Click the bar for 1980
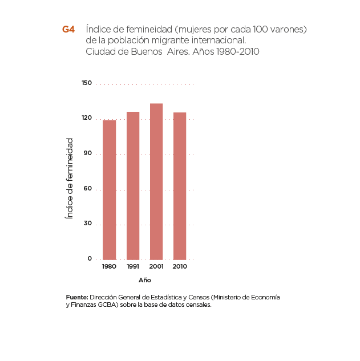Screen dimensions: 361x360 click(109, 189)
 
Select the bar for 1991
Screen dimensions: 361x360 click(133, 185)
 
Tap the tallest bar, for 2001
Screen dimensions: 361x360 click(156, 181)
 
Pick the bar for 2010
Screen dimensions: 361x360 click(180, 186)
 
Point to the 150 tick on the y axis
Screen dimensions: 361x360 click(86, 83)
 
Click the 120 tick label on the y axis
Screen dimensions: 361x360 click(86, 118)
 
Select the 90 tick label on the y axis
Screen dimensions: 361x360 click(87, 153)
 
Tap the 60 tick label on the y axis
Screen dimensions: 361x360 click(87, 189)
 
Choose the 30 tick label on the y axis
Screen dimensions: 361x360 click(87, 224)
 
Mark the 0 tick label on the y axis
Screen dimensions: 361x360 click(89, 259)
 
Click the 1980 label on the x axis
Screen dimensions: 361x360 click(109, 267)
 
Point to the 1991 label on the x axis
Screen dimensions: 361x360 click(133, 267)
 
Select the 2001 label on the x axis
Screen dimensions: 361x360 click(156, 267)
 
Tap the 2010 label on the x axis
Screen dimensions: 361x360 click(180, 267)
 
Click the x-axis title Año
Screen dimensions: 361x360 click(144, 280)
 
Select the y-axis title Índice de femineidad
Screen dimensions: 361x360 click(69, 177)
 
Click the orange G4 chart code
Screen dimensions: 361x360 click(68, 29)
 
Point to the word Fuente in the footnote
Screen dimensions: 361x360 click(76, 298)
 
